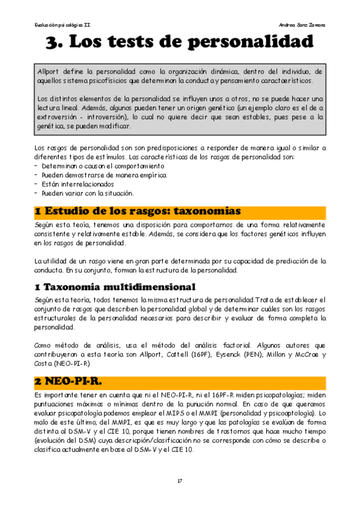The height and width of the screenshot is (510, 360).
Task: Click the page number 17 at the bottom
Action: [180, 481]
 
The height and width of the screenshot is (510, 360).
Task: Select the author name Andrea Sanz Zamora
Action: [302, 25]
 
